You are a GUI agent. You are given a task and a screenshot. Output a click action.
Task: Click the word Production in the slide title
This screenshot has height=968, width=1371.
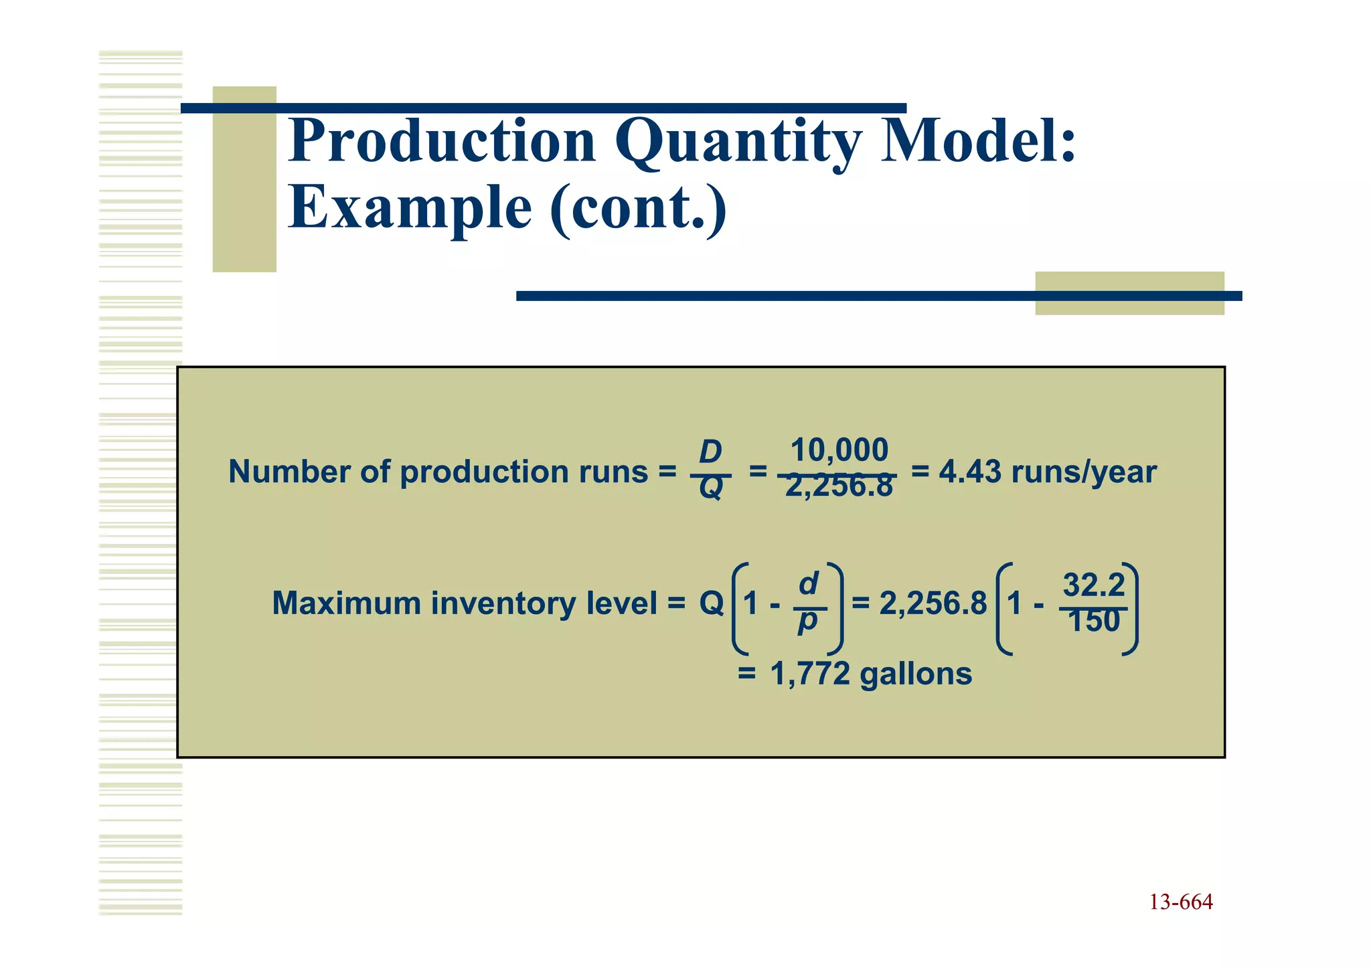[x=442, y=142]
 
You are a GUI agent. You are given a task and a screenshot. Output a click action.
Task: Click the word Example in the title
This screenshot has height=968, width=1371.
[x=410, y=207]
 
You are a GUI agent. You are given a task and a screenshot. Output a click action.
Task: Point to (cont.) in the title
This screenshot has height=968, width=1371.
[x=638, y=207]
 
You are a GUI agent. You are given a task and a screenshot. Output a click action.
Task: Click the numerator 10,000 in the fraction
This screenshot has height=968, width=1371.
[x=839, y=450]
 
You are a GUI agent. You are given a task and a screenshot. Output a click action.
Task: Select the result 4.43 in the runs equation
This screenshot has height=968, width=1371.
[x=970, y=472]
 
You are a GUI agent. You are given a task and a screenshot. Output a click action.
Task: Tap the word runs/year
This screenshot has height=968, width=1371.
[x=1084, y=472]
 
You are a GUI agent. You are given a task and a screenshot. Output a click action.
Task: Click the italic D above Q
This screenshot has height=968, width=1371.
[x=710, y=453]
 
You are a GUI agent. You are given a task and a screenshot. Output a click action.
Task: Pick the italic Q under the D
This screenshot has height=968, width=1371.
[x=710, y=489]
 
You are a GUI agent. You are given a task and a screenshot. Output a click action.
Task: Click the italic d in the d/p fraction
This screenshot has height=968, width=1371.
[x=809, y=584]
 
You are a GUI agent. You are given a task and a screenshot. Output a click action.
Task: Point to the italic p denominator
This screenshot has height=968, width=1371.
[x=808, y=622]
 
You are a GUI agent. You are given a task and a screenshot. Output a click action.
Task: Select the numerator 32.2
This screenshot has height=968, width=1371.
[x=1094, y=586]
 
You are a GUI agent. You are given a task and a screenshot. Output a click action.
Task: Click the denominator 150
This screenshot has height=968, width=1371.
[x=1094, y=621]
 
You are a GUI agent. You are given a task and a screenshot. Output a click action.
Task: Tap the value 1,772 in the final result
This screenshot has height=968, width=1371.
[x=810, y=674]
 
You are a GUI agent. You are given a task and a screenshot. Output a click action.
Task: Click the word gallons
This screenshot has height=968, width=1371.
[x=916, y=674]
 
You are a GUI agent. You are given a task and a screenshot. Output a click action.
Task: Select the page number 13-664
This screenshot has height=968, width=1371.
[x=1181, y=902]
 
